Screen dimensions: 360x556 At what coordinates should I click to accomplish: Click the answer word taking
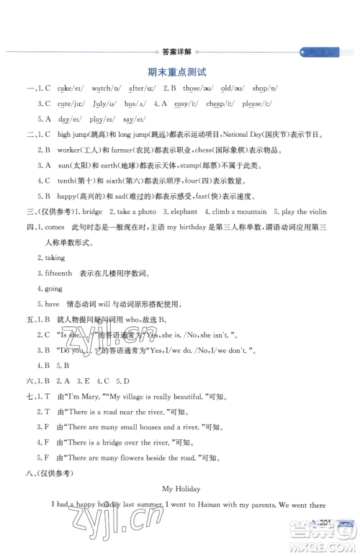pos(55,257)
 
